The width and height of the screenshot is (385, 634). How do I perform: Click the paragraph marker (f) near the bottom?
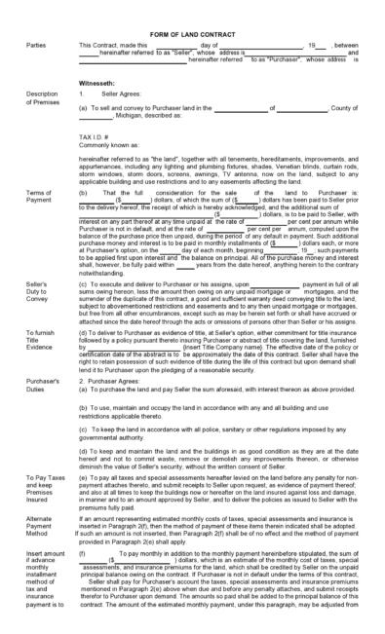(x=82, y=551)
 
